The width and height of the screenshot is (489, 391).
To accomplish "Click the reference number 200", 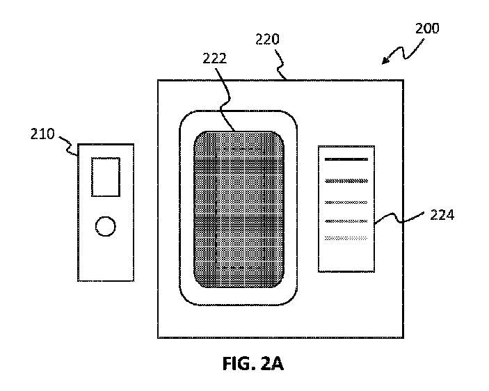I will [x=426, y=29].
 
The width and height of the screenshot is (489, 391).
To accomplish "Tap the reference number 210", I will [x=42, y=134].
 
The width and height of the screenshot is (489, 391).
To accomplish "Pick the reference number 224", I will [x=442, y=215].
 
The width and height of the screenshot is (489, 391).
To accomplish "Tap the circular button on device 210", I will [x=105, y=226].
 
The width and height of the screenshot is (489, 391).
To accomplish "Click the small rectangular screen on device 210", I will [x=106, y=177].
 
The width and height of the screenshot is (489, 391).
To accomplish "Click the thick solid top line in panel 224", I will [x=346, y=160].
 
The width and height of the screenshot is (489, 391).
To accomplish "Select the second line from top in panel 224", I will [x=346, y=181].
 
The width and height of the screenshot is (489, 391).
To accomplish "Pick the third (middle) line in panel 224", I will [x=346, y=202].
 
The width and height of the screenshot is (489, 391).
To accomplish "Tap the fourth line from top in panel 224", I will [x=346, y=221].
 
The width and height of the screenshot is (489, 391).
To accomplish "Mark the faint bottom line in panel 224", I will [x=346, y=238].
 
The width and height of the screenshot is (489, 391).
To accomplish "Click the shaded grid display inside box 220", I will [x=238, y=209].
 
